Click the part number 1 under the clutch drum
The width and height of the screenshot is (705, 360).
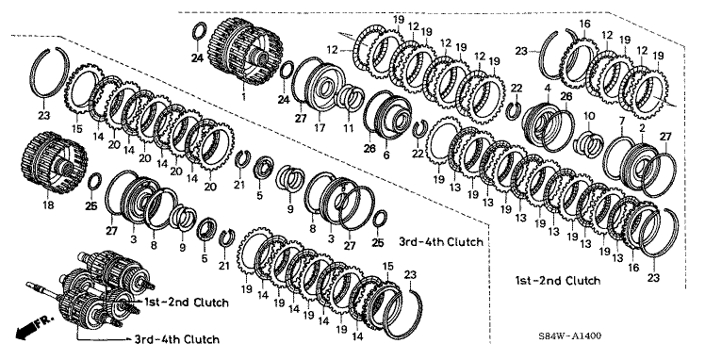(244, 96)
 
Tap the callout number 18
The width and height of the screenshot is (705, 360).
(48, 205)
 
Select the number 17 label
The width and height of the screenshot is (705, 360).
(320, 128)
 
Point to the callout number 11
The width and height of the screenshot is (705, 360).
(349, 128)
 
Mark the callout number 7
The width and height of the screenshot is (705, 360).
(622, 121)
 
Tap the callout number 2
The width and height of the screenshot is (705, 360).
(643, 128)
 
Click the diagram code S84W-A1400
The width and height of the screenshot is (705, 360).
(570, 335)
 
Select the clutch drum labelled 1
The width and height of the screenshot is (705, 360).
(246, 51)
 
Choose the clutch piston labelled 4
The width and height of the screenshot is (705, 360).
(538, 123)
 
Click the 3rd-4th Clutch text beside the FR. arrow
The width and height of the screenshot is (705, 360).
(177, 339)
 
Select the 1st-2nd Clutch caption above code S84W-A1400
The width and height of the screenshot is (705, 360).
(558, 281)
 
